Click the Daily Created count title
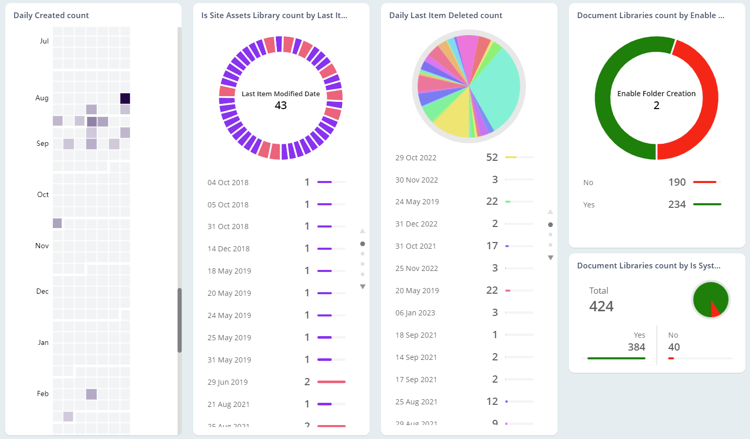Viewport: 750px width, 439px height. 51,16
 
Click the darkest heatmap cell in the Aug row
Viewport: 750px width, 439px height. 125,98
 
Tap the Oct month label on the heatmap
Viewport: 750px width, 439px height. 43,195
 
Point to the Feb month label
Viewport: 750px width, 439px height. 43,394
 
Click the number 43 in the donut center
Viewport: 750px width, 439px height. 281,105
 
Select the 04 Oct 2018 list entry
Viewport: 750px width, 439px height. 228,183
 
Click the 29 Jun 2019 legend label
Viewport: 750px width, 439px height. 227,382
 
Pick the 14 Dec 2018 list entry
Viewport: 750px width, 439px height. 228,249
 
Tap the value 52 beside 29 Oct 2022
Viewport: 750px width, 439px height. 492,157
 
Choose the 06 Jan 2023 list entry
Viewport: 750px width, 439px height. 415,313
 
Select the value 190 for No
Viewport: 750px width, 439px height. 677,182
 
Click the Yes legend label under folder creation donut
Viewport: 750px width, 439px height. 589,205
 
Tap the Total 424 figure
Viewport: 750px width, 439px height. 601,306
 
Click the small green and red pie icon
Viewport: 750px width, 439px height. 711,299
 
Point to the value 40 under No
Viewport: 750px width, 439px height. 674,347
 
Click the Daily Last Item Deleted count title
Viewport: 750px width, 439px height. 446,16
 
